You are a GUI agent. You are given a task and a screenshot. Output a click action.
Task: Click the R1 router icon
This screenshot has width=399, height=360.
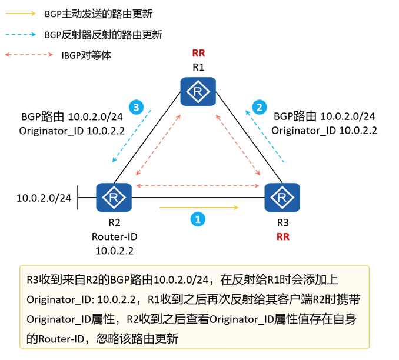(198, 92)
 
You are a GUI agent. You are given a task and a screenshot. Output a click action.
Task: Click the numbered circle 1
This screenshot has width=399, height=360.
(198, 219)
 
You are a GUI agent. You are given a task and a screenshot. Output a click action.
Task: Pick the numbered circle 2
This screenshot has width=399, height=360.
(258, 107)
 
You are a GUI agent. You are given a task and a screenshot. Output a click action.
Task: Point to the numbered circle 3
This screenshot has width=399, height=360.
(136, 107)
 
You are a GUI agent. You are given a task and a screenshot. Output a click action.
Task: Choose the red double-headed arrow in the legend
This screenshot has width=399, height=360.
(28, 55)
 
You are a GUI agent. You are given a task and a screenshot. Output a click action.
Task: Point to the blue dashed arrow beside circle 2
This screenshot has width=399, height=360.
(267, 135)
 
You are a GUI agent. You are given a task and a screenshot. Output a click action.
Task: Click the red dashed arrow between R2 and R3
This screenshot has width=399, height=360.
(198, 186)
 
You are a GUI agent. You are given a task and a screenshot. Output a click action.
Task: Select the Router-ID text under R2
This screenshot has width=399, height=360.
(114, 237)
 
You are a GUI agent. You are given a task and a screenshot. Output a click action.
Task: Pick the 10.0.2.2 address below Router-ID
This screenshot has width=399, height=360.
(114, 251)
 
